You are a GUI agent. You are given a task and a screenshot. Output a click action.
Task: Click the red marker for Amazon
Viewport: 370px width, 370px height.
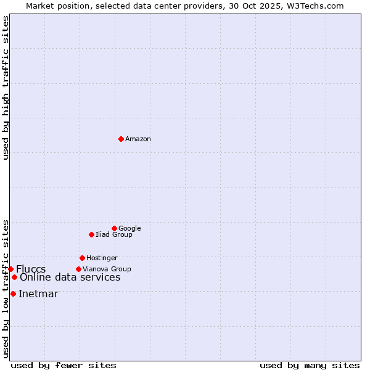coord(121,139)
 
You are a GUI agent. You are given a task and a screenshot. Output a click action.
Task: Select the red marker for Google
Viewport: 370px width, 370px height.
coord(114,228)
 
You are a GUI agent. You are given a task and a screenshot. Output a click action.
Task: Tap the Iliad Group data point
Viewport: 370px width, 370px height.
coord(91,234)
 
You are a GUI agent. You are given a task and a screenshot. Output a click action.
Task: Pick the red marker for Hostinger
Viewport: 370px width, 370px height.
coord(82,258)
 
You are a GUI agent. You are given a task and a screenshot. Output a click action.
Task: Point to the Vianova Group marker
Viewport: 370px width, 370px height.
coord(78,269)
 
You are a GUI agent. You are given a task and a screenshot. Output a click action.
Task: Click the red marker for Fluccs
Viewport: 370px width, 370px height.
coord(10,269)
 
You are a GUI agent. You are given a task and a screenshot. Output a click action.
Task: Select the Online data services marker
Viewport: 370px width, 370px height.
coord(14,277)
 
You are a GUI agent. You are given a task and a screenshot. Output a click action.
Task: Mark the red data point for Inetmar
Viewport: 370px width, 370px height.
coord(13,294)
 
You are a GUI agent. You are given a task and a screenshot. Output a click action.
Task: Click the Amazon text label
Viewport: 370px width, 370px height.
coord(138,139)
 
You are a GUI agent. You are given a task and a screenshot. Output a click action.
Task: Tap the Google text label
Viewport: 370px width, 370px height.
coord(129,229)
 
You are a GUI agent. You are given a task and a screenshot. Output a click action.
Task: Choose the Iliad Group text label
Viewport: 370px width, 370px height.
coord(114,235)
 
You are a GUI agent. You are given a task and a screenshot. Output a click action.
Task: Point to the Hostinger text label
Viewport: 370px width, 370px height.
coord(102,258)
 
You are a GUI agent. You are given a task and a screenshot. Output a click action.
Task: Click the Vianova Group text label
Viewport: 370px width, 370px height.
coord(107,269)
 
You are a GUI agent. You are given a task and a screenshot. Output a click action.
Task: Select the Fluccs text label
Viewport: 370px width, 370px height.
coord(31,269)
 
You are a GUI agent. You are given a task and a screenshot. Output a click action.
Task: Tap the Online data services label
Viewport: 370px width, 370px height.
coord(70,277)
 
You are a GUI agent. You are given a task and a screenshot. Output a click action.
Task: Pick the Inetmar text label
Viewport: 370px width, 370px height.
coord(38,294)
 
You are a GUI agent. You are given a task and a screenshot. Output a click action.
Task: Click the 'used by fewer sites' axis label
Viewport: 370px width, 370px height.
coord(64,365)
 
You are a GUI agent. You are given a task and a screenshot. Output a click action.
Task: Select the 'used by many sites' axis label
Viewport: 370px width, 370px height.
coord(310,365)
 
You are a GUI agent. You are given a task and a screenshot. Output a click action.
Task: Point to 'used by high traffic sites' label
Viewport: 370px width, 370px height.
coord(6,88)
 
